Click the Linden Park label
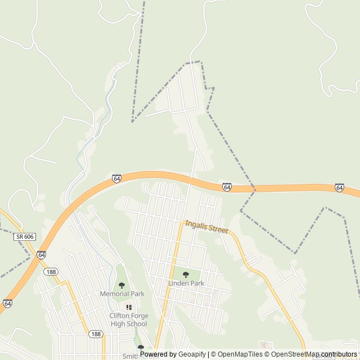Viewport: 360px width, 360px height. tap(186, 283)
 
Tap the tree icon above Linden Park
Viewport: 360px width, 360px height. tap(186, 275)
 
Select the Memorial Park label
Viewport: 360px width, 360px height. tap(122, 294)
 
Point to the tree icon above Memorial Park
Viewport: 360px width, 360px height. tap(121, 285)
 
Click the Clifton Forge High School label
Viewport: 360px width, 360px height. tap(128, 319)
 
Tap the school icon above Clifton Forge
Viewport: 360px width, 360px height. tap(129, 307)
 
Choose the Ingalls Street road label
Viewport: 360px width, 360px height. tap(206, 226)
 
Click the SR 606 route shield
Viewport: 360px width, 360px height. tap(25, 237)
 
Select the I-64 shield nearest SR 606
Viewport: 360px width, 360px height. tap(41, 254)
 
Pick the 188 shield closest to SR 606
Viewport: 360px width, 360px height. tap(51, 272)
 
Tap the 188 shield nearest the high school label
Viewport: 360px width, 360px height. tap(95, 334)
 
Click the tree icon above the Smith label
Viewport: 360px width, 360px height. tap(141, 348)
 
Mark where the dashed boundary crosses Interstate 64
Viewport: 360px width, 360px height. tap(254, 188)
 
